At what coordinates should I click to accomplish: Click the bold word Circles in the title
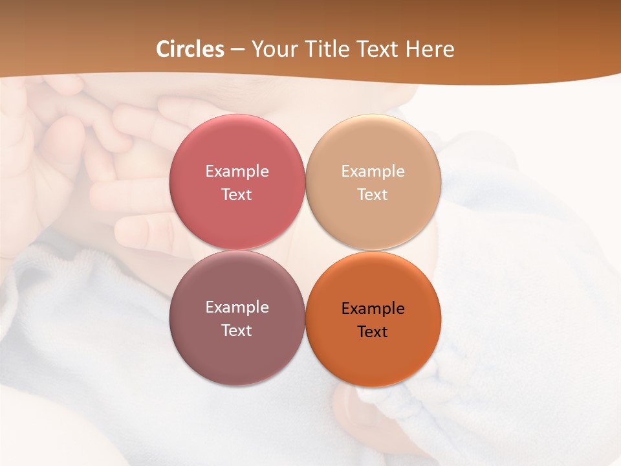pyautogui.click(x=190, y=49)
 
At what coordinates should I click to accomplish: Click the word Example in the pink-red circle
pyautogui.click(x=237, y=172)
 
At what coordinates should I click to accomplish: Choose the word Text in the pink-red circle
pyautogui.click(x=237, y=195)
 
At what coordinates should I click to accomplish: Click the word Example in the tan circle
pyautogui.click(x=373, y=172)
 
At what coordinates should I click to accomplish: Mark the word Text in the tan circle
pyautogui.click(x=373, y=195)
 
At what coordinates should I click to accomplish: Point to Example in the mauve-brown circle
pyautogui.click(x=237, y=307)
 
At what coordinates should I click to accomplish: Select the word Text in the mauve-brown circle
pyautogui.click(x=237, y=331)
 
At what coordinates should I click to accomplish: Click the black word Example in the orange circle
pyautogui.click(x=373, y=309)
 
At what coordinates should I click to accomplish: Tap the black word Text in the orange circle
pyautogui.click(x=373, y=332)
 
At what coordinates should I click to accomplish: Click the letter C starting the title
pyautogui.click(x=163, y=49)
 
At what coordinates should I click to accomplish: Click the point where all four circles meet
pyautogui.click(x=305, y=250)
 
